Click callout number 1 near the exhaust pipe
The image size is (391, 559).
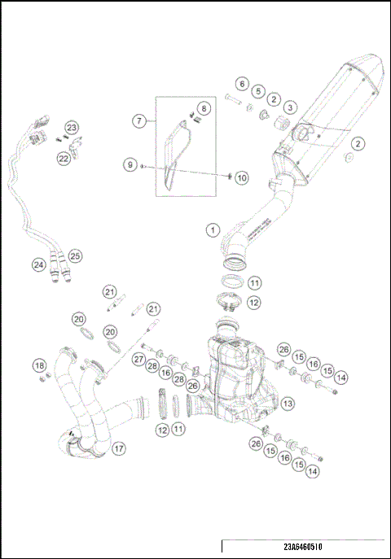click(212, 230)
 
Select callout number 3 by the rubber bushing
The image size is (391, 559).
click(290, 107)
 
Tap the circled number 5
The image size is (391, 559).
click(257, 91)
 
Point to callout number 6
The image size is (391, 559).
click(242, 84)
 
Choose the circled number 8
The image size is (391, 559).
click(204, 107)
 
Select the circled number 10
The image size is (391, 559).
click(242, 177)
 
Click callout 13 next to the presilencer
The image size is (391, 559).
click(288, 403)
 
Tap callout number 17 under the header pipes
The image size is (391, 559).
click(119, 448)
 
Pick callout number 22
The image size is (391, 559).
click(64, 159)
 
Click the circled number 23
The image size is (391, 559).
click(72, 128)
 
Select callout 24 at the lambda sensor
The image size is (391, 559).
click(38, 264)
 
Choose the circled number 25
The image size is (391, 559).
click(75, 255)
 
